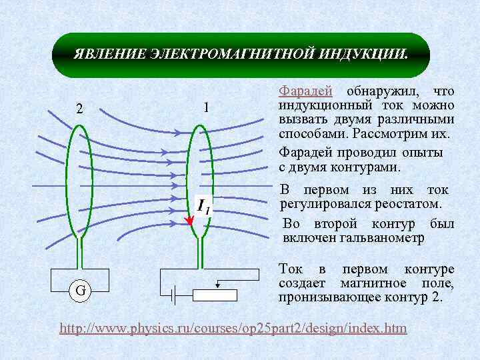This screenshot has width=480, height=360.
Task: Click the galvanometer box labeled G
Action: [79, 291]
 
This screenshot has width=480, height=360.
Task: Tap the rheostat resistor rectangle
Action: [215, 295]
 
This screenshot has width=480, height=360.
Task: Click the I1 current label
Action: [203, 207]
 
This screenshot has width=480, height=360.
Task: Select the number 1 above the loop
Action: [206, 107]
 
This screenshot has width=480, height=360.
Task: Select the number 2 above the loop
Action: [79, 109]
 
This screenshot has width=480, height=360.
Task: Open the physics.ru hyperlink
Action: [233, 329]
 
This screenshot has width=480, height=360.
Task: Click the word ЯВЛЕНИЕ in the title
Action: [105, 53]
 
